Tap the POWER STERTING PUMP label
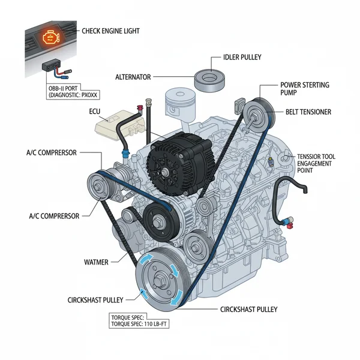(304, 89)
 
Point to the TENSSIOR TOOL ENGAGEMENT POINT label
(316, 163)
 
